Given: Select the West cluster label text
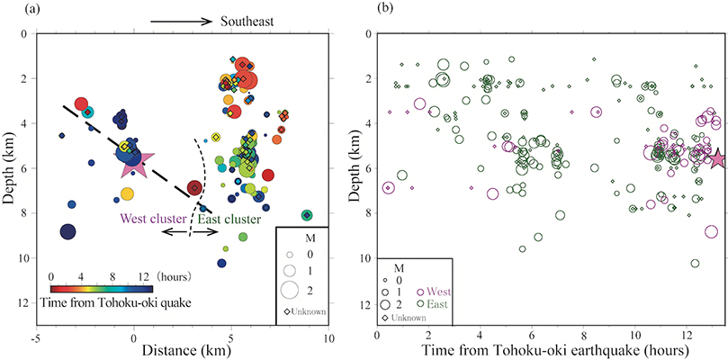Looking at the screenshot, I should click(x=152, y=218).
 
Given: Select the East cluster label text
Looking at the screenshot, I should click(x=229, y=218).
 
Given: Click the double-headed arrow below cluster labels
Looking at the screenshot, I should click(x=190, y=232).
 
